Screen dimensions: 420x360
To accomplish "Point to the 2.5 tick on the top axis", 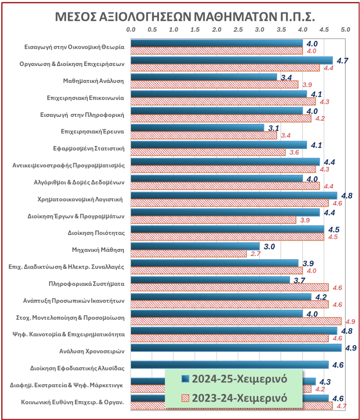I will (x=238, y=30).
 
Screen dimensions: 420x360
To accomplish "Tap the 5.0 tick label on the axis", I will (x=345, y=30).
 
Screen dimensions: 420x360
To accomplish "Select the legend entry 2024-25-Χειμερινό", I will (x=234, y=379).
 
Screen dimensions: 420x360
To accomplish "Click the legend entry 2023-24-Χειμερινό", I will (x=234, y=398).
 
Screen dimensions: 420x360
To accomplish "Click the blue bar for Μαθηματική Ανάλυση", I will (x=204, y=77).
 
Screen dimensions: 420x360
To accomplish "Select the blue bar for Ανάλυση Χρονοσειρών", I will (x=236, y=348).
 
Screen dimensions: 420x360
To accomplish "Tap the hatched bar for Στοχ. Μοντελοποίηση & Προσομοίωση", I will (x=236, y=321).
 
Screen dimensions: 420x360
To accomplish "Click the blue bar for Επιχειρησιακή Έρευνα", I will (x=197, y=128).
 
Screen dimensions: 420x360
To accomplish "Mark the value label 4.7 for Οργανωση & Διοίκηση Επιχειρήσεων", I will (x=342, y=61).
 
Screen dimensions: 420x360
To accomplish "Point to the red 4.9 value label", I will (x=351, y=321).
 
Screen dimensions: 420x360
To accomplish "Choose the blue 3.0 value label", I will (x=269, y=247).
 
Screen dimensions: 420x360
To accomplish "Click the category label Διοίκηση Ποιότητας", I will (x=96, y=233).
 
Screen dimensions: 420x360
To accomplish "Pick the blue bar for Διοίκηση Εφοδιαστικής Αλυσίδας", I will (x=229, y=365).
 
